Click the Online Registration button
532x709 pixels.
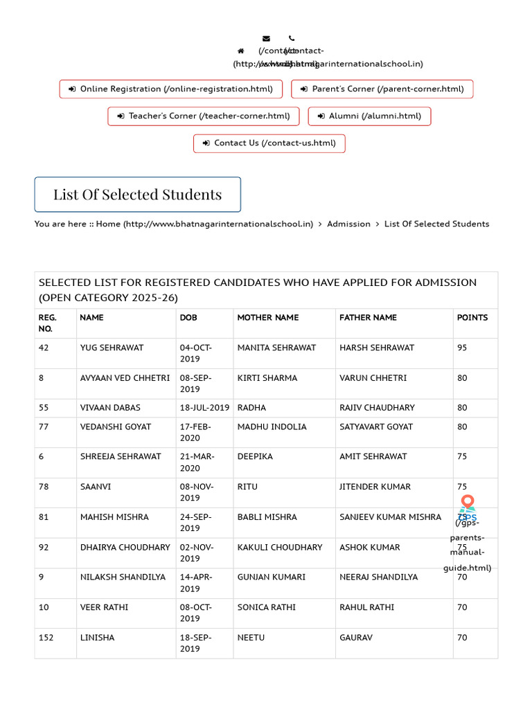tap(171, 89)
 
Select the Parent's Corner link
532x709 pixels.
tap(382, 89)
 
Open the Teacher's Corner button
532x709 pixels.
tap(203, 116)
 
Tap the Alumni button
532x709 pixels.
tap(369, 116)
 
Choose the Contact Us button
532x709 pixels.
tap(269, 143)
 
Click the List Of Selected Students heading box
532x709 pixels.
tap(138, 195)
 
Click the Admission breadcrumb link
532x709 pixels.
tap(348, 224)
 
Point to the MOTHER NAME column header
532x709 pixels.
tap(268, 318)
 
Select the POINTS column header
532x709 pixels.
tap(472, 318)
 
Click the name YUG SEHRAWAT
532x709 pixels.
tap(112, 348)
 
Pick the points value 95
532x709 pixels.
tap(462, 348)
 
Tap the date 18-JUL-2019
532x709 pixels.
tap(204, 408)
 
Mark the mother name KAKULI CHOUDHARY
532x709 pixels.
tap(280, 547)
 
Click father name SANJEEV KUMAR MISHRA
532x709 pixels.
tap(390, 517)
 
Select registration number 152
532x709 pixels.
tap(46, 638)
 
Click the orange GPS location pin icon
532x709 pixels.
tap(468, 502)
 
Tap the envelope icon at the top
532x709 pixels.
tap(266, 39)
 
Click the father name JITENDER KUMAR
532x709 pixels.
tap(375, 487)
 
